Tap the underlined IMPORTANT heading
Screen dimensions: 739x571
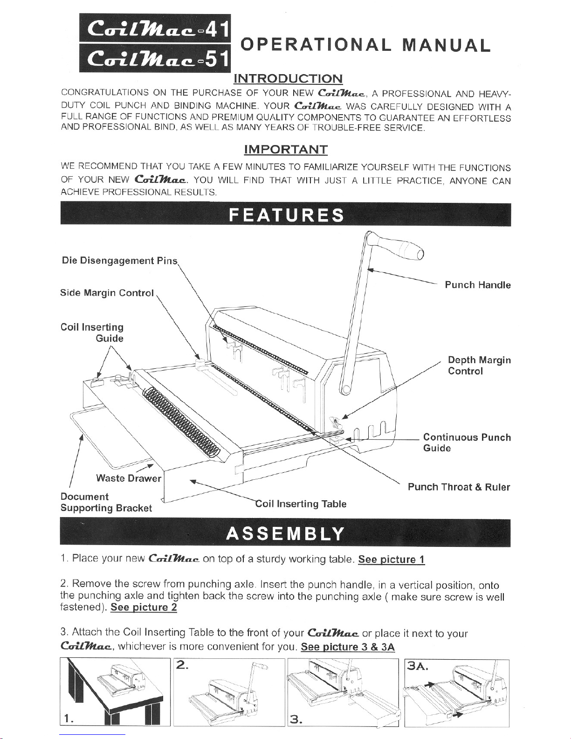tap(286, 150)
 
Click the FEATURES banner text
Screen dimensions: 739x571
tap(286, 215)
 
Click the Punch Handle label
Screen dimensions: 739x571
tap(477, 285)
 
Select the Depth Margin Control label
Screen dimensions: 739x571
tap(479, 366)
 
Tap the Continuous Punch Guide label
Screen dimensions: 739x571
tap(467, 443)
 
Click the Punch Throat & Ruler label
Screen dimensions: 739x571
tap(459, 487)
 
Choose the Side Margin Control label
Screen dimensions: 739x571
tap(107, 293)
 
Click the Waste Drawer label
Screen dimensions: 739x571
tap(129, 478)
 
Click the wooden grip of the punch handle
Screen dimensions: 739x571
tap(401, 248)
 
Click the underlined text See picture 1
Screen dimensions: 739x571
tap(391, 559)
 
